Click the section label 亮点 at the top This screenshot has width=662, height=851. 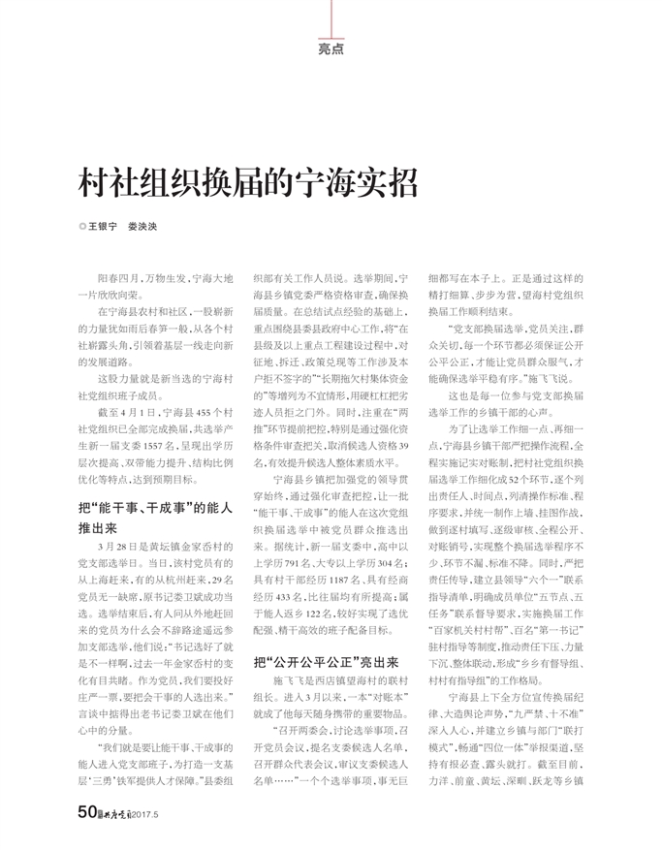(331, 48)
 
